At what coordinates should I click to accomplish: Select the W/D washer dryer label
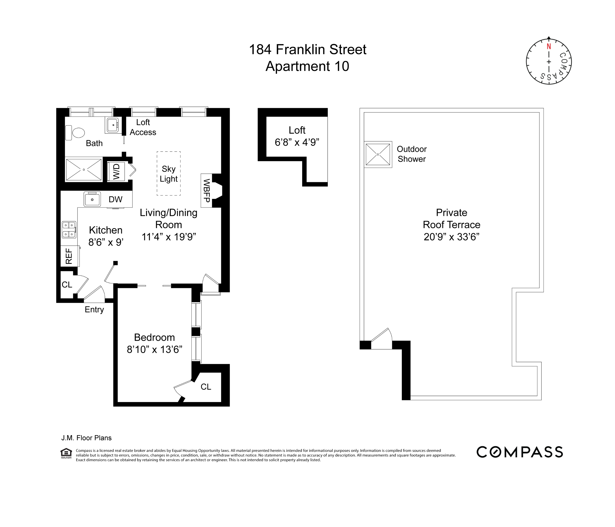[x=116, y=172]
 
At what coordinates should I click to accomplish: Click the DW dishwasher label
[x=115, y=200]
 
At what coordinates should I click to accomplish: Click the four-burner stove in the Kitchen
[x=69, y=230]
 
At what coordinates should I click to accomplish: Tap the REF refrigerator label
[x=69, y=256]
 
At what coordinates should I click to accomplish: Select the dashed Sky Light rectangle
[x=169, y=174]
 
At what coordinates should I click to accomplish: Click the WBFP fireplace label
[x=207, y=190]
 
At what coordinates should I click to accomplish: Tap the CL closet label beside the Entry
[x=67, y=285]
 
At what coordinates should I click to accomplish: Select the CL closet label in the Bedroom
[x=206, y=386]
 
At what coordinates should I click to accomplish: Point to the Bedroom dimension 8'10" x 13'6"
[x=154, y=349]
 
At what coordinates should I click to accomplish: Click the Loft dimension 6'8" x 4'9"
[x=297, y=142]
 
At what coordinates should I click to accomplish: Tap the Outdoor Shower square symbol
[x=378, y=154]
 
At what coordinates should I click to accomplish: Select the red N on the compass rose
[x=549, y=47]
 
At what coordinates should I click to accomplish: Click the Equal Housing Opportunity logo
[x=66, y=453]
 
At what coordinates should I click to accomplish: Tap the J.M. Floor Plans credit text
[x=86, y=438]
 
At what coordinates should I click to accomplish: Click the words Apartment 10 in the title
[x=307, y=66]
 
